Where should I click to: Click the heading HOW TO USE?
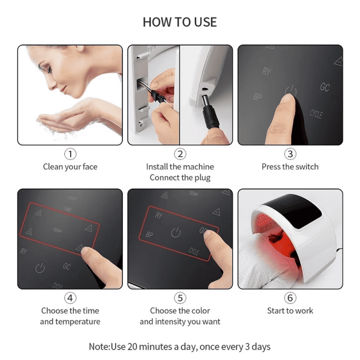pyautogui.click(x=180, y=22)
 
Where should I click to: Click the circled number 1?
pyautogui.click(x=70, y=154)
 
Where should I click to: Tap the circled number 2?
pyautogui.click(x=180, y=154)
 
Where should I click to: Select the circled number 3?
pyautogui.click(x=290, y=154)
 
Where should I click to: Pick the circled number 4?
pyautogui.click(x=70, y=298)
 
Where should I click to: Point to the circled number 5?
pyautogui.click(x=180, y=298)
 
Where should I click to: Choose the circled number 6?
pyautogui.click(x=290, y=298)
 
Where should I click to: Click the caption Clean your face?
pyautogui.click(x=70, y=167)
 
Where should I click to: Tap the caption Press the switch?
pyautogui.click(x=290, y=167)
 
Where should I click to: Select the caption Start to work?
pyautogui.click(x=290, y=311)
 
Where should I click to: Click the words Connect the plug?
pyautogui.click(x=180, y=178)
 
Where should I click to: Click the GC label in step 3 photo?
pyautogui.click(x=324, y=87)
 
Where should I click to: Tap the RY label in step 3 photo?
pyautogui.click(x=266, y=72)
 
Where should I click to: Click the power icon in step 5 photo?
pyautogui.click(x=176, y=233)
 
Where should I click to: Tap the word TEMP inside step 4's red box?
pyautogui.click(x=57, y=230)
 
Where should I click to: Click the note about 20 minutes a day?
pyautogui.click(x=180, y=347)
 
